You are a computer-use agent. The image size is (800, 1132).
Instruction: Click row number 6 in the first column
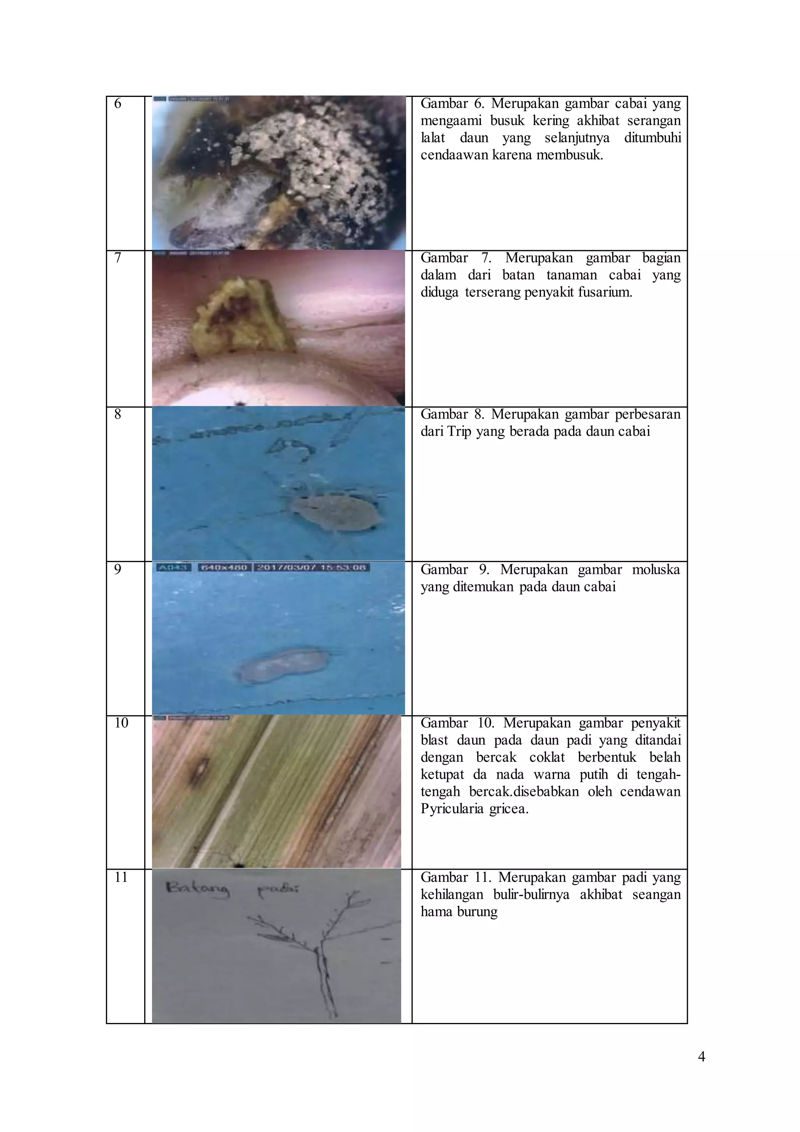click(118, 104)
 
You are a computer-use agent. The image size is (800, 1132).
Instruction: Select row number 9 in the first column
click(118, 570)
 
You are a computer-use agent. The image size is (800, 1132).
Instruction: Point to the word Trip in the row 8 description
click(459, 432)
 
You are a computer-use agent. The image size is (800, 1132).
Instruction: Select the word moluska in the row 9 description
click(656, 570)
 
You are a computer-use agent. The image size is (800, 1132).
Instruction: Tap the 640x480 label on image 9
click(225, 568)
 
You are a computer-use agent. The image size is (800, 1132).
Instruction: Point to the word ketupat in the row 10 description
click(441, 775)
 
